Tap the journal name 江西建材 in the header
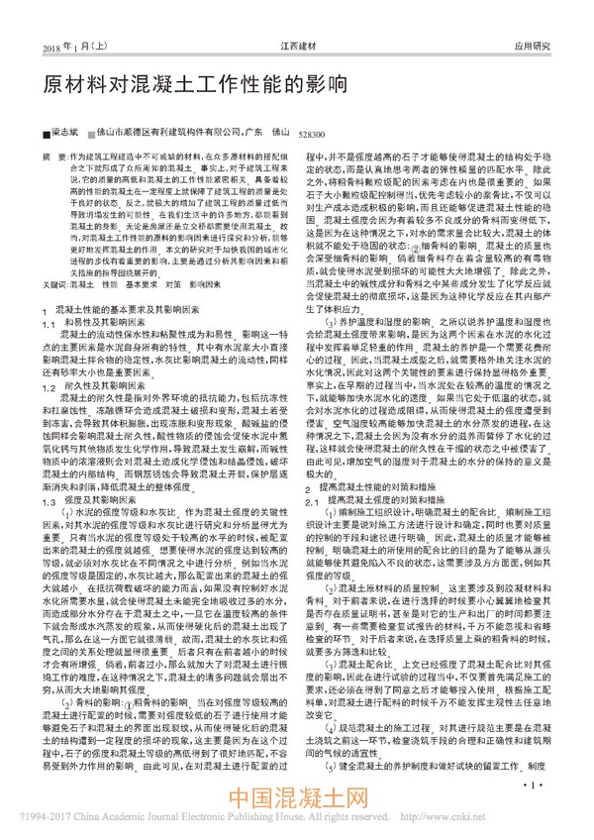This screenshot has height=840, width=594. [x=294, y=46]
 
